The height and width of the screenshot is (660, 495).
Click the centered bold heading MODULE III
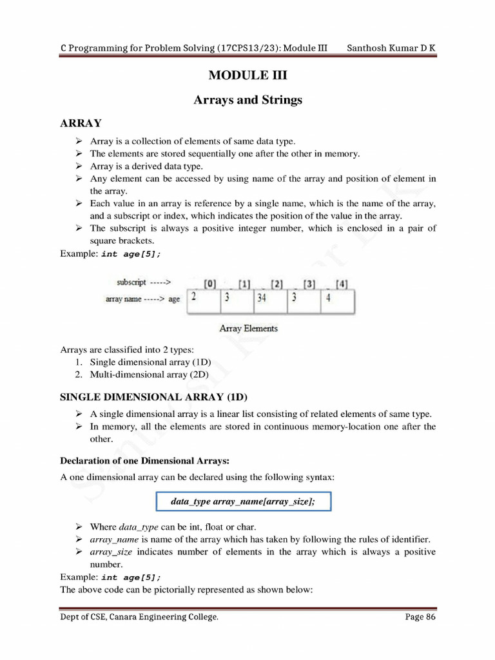(x=247, y=75)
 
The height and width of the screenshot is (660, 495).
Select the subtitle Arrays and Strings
(x=247, y=100)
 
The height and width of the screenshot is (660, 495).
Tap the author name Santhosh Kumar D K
(x=391, y=48)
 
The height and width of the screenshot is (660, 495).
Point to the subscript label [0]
(x=210, y=284)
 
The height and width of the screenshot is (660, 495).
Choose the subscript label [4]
(x=342, y=284)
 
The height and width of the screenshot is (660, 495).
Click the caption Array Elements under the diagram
(x=248, y=329)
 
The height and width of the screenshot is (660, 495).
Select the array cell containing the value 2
(x=203, y=300)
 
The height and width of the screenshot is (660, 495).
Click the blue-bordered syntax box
(x=244, y=501)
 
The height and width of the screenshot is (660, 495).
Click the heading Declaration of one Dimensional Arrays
(x=144, y=460)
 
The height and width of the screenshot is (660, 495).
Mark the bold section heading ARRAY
(x=81, y=123)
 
